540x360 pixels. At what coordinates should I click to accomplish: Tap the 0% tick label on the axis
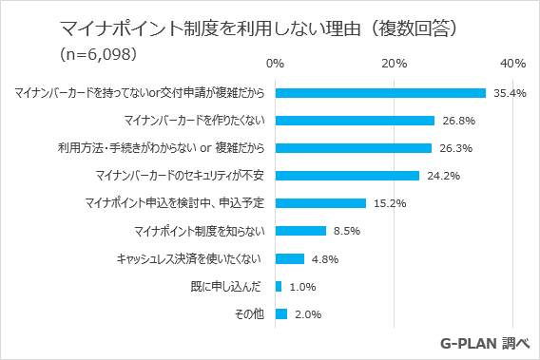(x=275, y=64)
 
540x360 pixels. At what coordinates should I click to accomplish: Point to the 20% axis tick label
(x=394, y=64)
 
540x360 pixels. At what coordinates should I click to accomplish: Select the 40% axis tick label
(x=512, y=64)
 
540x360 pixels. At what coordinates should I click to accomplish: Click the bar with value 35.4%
(x=380, y=93)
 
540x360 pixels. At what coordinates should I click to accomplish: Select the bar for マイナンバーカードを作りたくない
(x=355, y=121)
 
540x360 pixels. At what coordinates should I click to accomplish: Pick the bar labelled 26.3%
(x=353, y=148)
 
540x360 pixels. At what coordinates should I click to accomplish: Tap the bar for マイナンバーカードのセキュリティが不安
(x=347, y=176)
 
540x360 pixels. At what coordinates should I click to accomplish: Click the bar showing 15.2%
(x=320, y=203)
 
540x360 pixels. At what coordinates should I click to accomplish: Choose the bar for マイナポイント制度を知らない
(x=300, y=231)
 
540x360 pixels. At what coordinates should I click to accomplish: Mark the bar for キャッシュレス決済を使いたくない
(x=289, y=258)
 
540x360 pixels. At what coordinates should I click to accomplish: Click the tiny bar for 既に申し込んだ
(x=278, y=286)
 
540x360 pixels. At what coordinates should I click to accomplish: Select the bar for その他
(x=280, y=313)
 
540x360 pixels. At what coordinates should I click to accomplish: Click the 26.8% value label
(x=455, y=122)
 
